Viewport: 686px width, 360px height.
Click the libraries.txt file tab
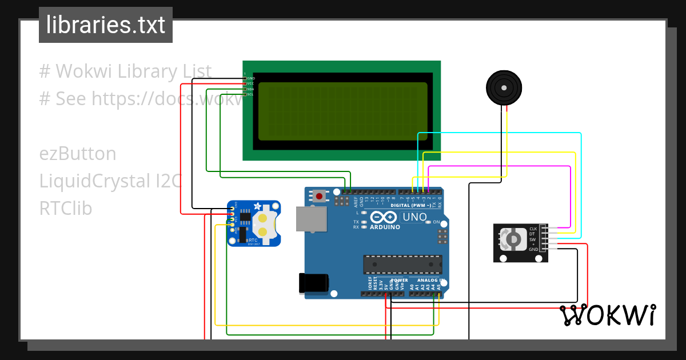pos(105,25)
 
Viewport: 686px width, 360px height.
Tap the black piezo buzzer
pos(504,88)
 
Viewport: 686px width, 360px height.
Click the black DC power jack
pos(314,283)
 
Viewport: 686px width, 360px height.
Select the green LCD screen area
pos(342,111)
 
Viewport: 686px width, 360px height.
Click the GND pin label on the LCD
pos(251,78)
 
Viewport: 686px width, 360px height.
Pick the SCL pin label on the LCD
pos(250,94)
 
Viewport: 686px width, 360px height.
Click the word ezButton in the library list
pos(78,154)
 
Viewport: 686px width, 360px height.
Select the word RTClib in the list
pos(66,209)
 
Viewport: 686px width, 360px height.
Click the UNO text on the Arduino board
pos(414,217)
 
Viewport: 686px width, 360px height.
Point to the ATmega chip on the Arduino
pos(402,264)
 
